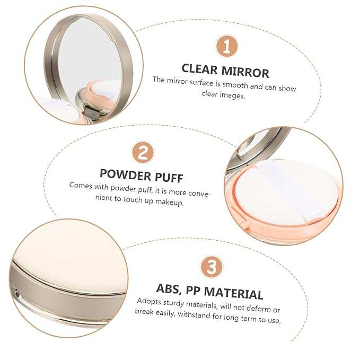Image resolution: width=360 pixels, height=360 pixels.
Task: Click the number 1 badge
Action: [226, 47]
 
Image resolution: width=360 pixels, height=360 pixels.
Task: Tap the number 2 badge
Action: [143, 153]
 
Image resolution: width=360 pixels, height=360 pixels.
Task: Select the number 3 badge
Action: [212, 267]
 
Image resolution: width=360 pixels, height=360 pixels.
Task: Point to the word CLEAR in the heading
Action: [199, 69]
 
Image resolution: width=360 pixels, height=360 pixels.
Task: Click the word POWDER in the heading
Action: [125, 174]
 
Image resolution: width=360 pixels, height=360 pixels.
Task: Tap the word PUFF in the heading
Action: [169, 177]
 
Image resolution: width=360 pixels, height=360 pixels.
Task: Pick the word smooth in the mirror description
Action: [235, 85]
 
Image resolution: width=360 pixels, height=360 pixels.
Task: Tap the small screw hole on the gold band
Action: [16, 293]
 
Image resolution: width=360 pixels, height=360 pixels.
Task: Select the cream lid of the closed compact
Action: [69, 257]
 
